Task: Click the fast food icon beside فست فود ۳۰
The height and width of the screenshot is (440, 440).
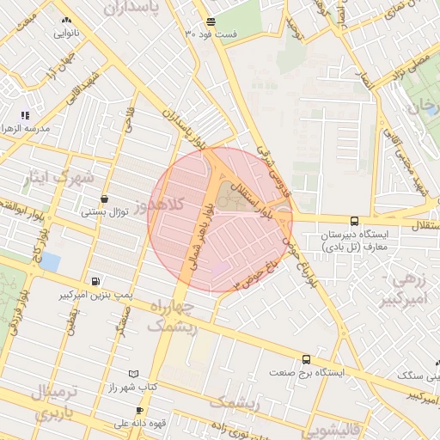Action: pyautogui.click(x=211, y=22)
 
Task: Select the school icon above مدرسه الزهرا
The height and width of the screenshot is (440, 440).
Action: pyautogui.click(x=25, y=115)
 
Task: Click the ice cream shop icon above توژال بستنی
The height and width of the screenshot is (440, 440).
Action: pyautogui.click(x=104, y=199)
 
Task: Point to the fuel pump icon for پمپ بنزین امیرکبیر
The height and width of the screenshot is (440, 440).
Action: pyautogui.click(x=95, y=281)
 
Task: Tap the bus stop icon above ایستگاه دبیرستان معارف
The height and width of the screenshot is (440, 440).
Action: pyautogui.click(x=355, y=221)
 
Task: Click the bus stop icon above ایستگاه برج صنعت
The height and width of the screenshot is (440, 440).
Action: pyautogui.click(x=306, y=360)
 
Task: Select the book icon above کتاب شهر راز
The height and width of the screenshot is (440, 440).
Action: pyautogui.click(x=131, y=375)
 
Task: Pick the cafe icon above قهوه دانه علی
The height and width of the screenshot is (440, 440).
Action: pyautogui.click(x=139, y=411)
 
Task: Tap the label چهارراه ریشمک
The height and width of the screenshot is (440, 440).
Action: pyautogui.click(x=172, y=316)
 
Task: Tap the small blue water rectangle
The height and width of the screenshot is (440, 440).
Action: pyautogui.click(x=50, y=260)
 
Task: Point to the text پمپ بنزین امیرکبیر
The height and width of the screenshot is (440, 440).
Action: pyautogui.click(x=93, y=295)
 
